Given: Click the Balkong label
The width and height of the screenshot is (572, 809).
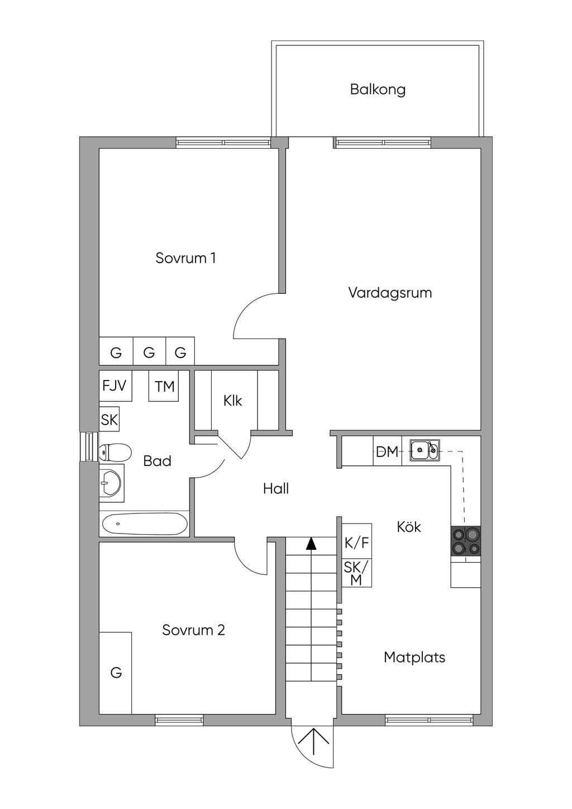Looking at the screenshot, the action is pos(378,89).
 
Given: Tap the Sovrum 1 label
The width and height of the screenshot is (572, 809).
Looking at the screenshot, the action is pos(185,258).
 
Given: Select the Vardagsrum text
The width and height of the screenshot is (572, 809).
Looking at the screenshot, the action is pos(390,292).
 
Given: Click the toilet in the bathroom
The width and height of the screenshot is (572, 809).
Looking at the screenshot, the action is pos(115,452).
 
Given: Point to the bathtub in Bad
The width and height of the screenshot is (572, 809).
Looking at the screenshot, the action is pos(145,524).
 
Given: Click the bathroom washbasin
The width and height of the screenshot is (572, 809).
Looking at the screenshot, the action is pos(112,483).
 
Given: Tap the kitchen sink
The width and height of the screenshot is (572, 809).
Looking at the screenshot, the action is pos(425,450).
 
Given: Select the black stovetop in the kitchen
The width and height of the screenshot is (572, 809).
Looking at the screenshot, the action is pos(465,541).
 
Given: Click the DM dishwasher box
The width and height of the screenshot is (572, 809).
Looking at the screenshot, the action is pos(387,451).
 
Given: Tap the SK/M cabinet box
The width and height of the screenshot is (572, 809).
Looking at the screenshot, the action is pos(357,573).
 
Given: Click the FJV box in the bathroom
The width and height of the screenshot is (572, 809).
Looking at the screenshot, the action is pos(115,386).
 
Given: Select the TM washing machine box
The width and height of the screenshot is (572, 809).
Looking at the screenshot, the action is pos(164,386).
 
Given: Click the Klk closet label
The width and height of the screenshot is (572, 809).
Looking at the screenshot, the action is pos(232,401).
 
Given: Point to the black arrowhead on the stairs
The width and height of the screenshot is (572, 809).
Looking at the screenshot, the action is pos(311,544).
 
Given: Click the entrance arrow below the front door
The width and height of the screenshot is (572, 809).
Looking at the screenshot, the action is pos(313,741).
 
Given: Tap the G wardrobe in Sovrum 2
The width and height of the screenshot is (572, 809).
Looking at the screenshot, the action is pos(115,673).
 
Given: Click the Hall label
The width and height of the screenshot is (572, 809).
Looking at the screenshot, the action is pos(276,489).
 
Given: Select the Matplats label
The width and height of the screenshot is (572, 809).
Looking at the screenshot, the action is pos(414,657).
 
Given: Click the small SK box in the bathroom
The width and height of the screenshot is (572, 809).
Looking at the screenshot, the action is pos(109,420).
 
